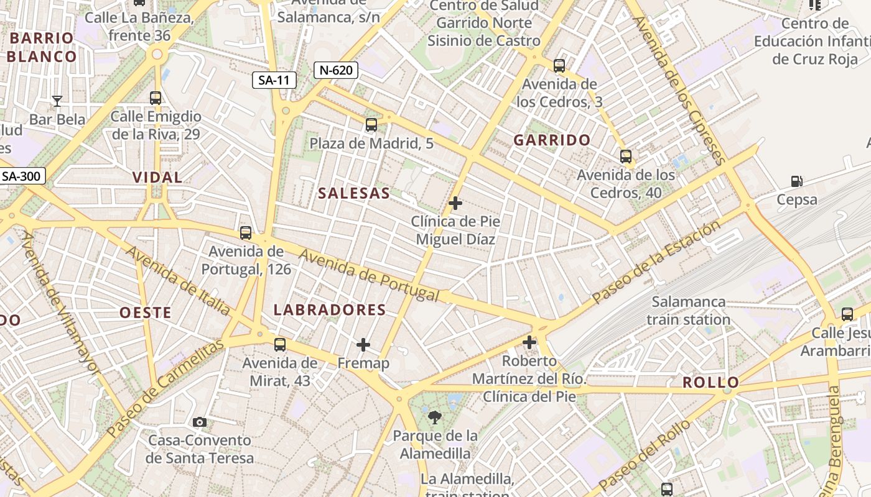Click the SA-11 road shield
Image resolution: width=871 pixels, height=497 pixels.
[x=274, y=80]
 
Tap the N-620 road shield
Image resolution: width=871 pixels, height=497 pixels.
[x=336, y=70]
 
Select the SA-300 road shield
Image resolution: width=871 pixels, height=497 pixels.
[x=21, y=176]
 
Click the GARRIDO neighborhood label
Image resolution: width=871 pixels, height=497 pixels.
[x=552, y=140]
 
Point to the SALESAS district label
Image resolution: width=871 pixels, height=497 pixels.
[x=354, y=193]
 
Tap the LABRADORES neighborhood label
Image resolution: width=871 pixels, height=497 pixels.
[x=330, y=310]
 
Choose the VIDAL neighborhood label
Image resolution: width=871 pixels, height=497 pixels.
[x=157, y=178]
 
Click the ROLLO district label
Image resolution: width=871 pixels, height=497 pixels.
[x=710, y=383]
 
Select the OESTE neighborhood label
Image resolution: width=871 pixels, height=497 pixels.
[x=145, y=312]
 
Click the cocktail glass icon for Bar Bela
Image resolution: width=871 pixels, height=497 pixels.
[x=57, y=101]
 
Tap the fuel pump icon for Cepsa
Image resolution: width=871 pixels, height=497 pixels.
[x=796, y=181]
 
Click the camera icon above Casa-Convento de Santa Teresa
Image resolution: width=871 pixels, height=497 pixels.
[x=200, y=422]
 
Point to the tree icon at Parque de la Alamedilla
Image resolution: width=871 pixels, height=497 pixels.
[x=435, y=417]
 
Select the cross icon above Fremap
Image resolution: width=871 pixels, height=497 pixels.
[x=363, y=345]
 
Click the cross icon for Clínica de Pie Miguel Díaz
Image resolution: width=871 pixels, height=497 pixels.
[x=455, y=203]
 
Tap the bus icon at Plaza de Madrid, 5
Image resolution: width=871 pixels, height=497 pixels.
[x=371, y=125]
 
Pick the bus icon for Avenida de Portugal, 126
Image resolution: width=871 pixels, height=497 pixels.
[x=246, y=233]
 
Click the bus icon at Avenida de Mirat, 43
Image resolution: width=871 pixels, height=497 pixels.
[x=280, y=344]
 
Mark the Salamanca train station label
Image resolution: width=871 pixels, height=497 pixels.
[x=688, y=311]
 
